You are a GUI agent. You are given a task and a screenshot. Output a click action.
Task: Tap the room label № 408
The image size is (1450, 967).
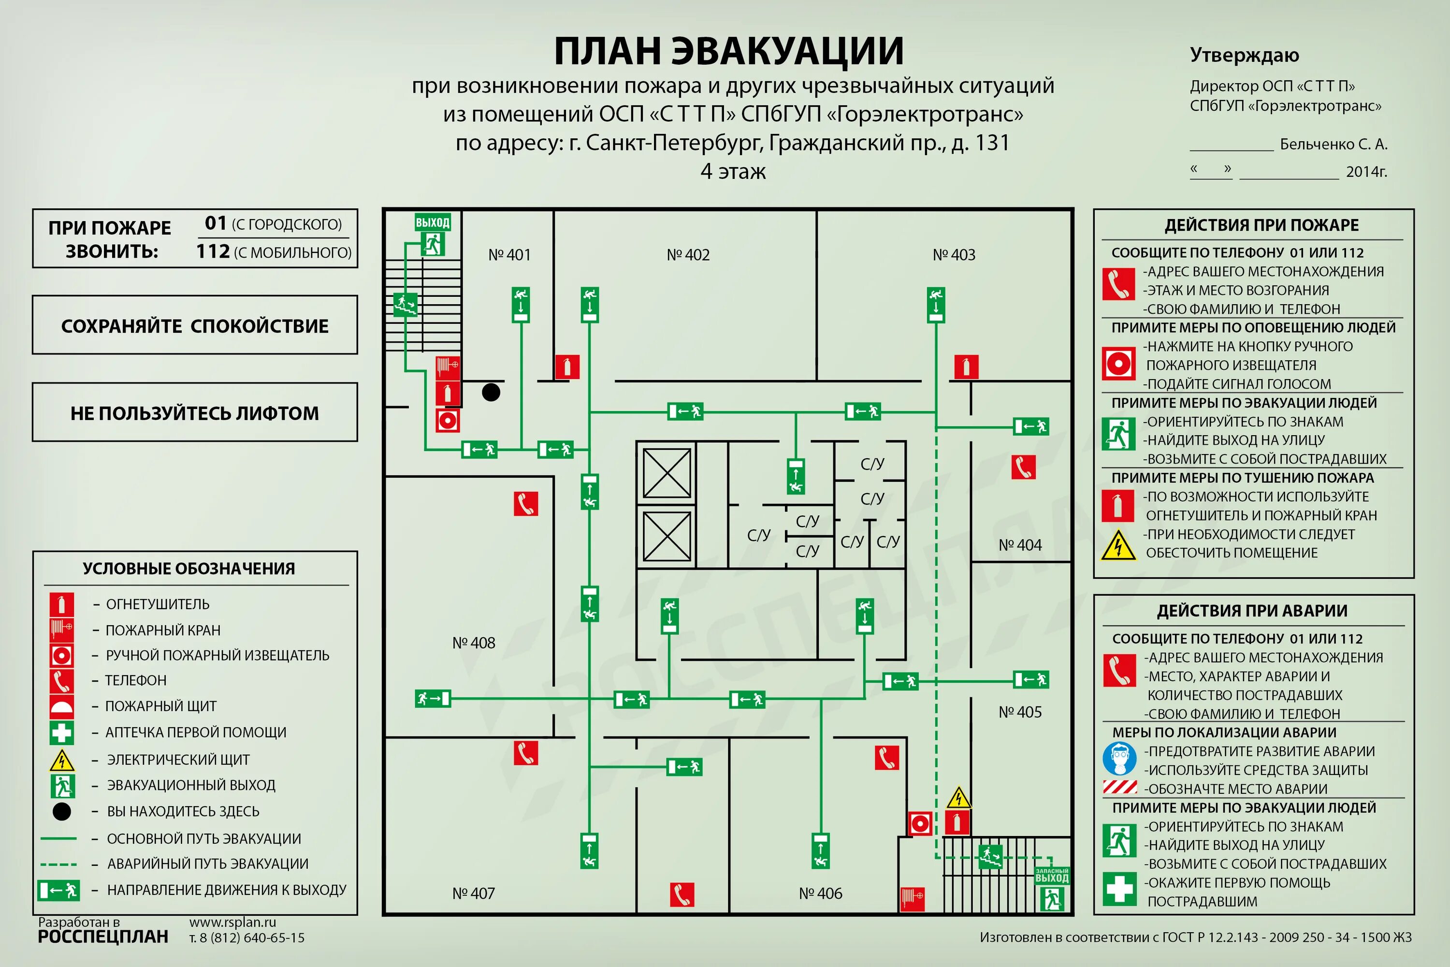point(474,643)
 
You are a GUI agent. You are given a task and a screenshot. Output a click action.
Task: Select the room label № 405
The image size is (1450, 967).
point(1020,712)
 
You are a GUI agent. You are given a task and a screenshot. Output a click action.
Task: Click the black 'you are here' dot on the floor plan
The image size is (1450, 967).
point(491,392)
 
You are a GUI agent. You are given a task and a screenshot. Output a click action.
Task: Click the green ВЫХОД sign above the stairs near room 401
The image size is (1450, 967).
point(432,222)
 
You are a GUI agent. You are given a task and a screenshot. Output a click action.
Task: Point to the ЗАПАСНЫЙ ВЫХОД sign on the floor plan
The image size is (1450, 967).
point(1052,876)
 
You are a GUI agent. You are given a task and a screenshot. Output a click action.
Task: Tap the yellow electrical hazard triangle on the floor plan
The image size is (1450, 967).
point(958,798)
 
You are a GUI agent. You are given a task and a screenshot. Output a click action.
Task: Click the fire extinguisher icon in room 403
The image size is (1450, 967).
point(966,367)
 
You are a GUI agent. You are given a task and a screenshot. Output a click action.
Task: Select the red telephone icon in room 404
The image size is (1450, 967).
point(1023,467)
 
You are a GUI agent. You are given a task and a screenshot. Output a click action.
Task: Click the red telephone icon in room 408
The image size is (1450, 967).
point(526,504)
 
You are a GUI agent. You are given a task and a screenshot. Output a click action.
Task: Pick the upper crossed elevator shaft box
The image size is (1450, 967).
point(667,473)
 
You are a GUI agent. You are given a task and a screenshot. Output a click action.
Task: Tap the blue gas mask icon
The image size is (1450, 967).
point(1119,759)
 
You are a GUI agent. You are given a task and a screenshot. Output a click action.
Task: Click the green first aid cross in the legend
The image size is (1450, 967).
point(62,733)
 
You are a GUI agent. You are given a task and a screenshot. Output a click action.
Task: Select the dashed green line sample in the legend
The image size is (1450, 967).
point(58,864)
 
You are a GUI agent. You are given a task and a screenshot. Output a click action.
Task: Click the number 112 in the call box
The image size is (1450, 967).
point(213,251)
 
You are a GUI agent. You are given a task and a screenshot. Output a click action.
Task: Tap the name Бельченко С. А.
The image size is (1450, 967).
point(1334,144)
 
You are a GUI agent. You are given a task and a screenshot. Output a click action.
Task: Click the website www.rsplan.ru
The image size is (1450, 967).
point(232,922)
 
